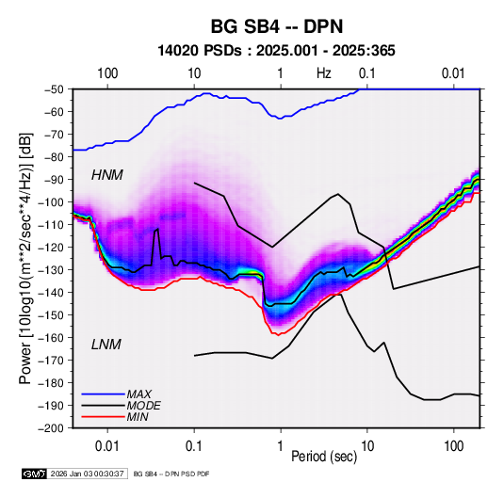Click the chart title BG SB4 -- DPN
[x=277, y=26]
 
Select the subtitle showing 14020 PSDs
[x=276, y=51]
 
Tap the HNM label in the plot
[x=107, y=175]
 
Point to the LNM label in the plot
[x=106, y=345]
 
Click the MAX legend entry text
[x=139, y=394]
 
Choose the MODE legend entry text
[x=144, y=406]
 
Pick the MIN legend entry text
[x=138, y=417]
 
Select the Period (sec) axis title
[x=324, y=457]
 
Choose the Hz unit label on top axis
[x=324, y=73]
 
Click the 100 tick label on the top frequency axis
[x=107, y=73]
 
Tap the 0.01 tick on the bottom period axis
[x=107, y=446]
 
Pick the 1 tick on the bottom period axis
[x=281, y=446]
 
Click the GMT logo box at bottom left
[x=35, y=474]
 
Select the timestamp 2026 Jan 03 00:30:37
[x=88, y=474]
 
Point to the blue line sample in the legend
[x=103, y=394]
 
